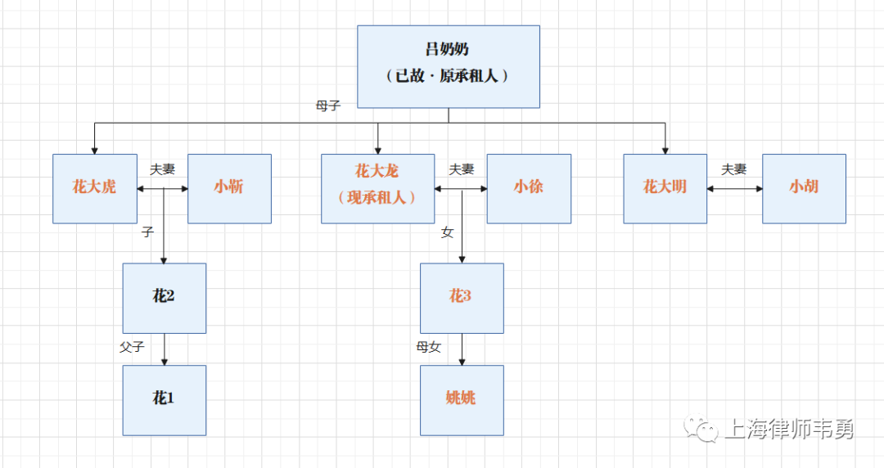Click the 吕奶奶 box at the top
[x=449, y=66]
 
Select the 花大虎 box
[x=95, y=188]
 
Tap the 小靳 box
[x=230, y=188]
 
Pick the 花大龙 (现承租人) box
[x=377, y=188]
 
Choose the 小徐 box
[x=529, y=188]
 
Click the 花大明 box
[x=665, y=188]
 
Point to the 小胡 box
[x=804, y=188]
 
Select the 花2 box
[x=165, y=298]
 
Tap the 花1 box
[x=165, y=399]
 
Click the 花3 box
[x=462, y=298]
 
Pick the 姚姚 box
[x=462, y=399]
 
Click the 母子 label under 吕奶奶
[x=327, y=106]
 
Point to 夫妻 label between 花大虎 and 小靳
[x=162, y=169]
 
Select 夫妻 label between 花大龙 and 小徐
[x=462, y=169]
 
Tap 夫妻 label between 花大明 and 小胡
[x=733, y=169]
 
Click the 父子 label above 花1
[x=132, y=347]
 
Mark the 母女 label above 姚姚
[x=429, y=347]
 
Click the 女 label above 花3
[x=447, y=233]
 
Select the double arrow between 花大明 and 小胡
[x=735, y=189]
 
